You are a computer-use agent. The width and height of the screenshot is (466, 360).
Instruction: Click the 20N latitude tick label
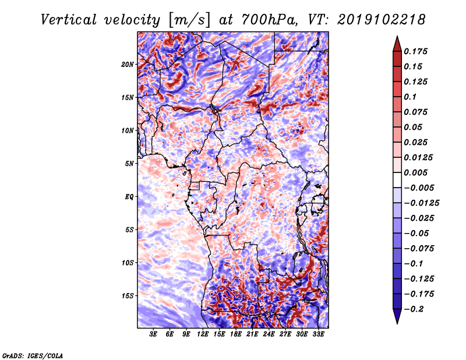pos(128,64)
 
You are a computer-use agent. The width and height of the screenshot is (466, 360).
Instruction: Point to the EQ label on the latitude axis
pos(129,196)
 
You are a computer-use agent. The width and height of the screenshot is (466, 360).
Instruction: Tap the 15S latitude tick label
pos(128,295)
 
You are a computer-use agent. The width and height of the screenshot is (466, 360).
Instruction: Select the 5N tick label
pos(129,163)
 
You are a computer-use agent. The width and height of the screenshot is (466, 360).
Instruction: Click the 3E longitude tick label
pos(153,335)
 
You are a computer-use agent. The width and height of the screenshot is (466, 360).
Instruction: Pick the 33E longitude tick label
pos(318,335)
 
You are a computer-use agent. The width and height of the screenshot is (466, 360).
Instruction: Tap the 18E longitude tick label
pos(236,335)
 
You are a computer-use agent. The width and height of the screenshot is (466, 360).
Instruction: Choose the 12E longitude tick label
pos(203,335)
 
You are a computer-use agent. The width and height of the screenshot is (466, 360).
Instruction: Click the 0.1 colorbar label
pos(411,97)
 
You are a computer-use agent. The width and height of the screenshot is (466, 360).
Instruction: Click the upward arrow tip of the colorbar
pos(396,38)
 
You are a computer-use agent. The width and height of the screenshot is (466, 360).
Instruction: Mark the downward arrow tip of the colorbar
pos(396,322)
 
